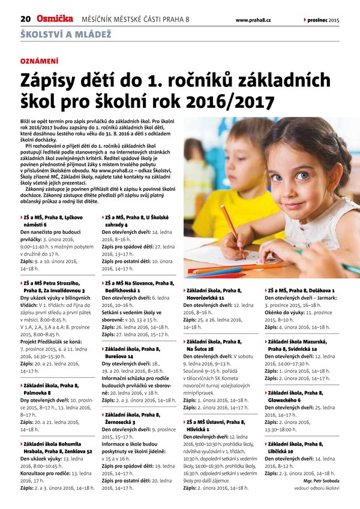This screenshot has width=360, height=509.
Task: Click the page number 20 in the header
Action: [26, 20]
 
